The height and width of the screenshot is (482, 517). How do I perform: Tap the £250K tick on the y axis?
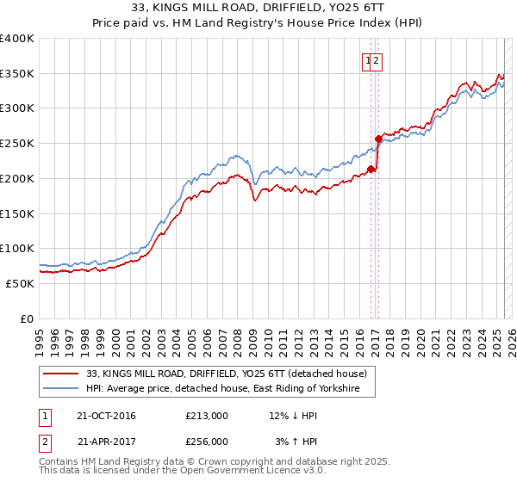(x=16, y=143)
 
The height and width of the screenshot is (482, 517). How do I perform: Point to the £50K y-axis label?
(x=19, y=282)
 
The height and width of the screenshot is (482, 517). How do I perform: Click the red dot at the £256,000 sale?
(x=378, y=139)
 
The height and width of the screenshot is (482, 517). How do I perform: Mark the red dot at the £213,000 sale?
(x=371, y=169)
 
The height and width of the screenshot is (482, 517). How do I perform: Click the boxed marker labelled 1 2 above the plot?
(x=372, y=60)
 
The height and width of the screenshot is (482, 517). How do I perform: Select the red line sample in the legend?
(x=62, y=374)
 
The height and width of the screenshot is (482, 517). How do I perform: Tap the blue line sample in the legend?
(x=62, y=389)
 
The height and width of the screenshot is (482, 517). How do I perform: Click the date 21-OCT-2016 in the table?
(x=106, y=416)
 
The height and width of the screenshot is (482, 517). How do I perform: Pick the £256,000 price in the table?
(x=207, y=441)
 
